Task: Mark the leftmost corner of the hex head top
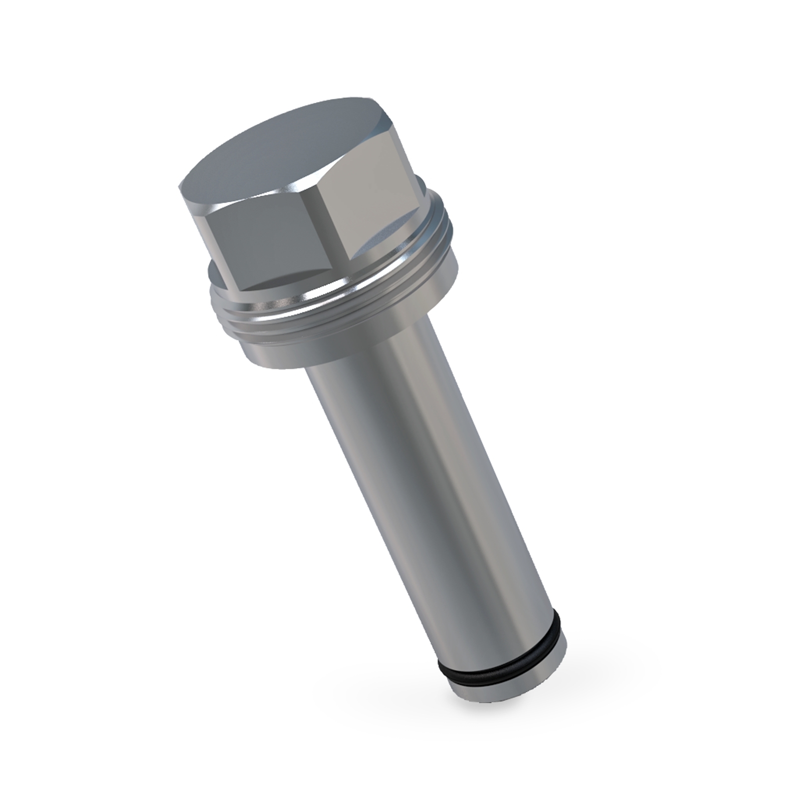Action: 180,187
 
